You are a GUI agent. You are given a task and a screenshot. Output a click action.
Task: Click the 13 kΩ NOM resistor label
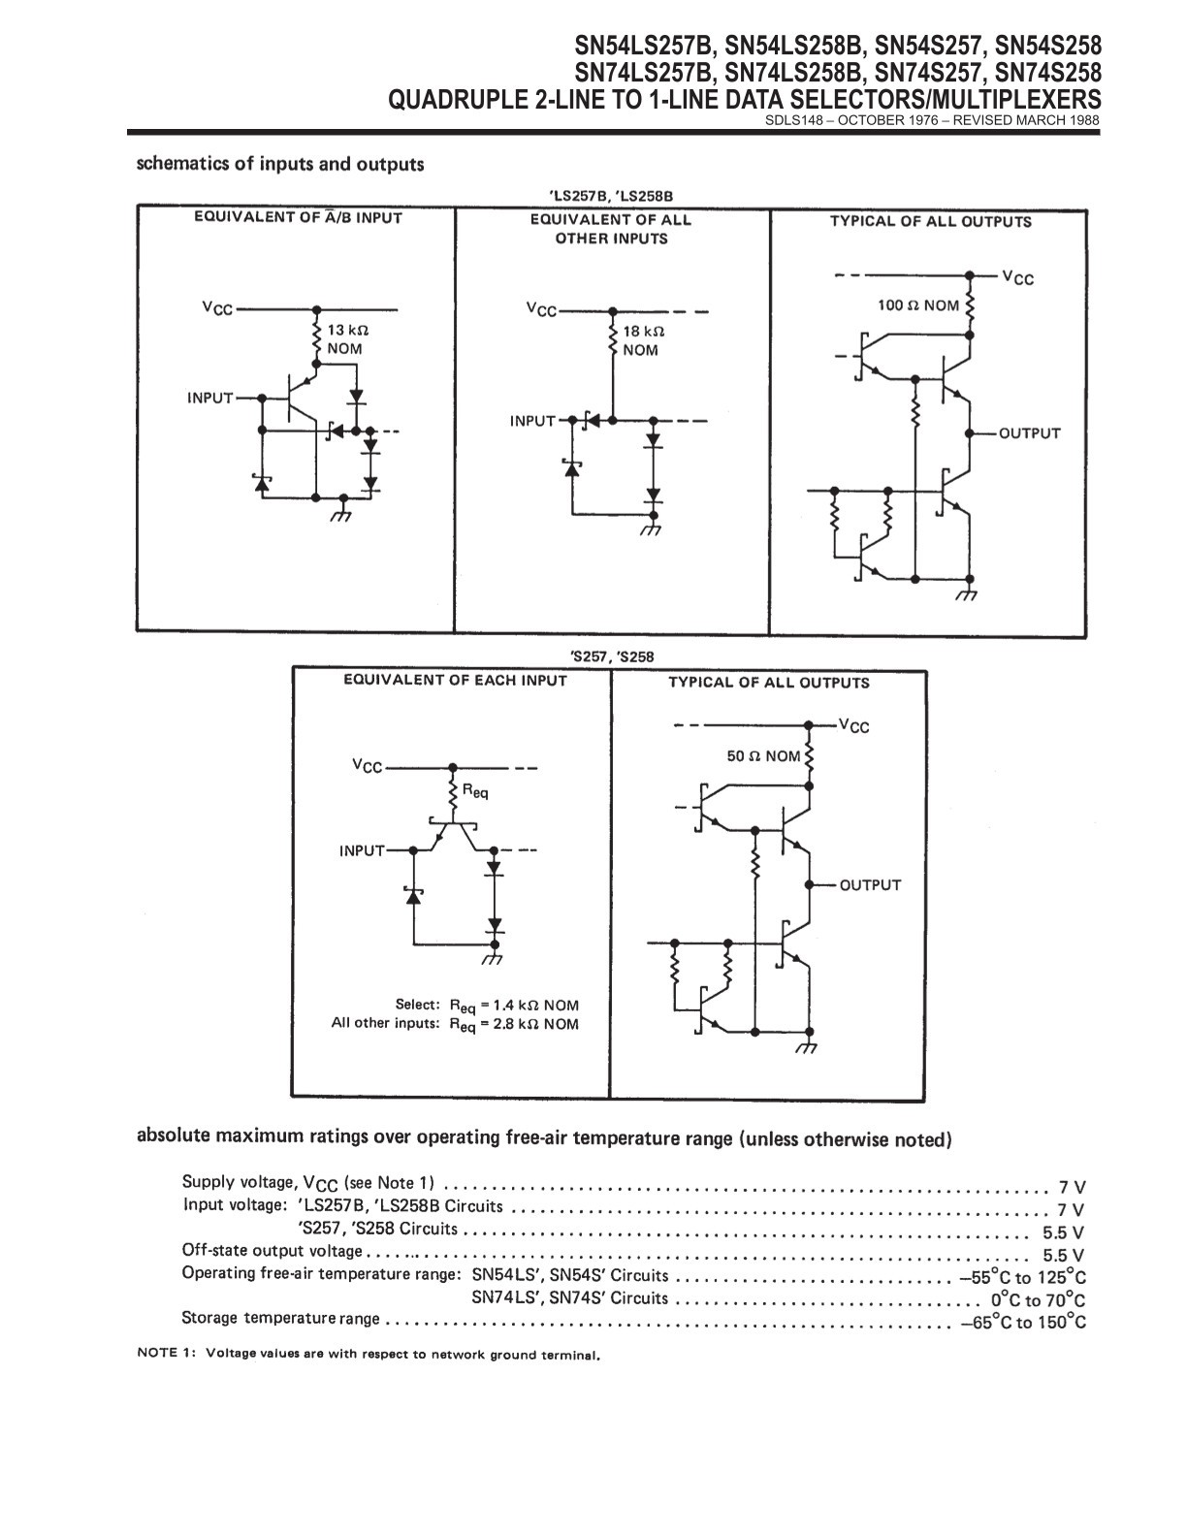click(x=348, y=339)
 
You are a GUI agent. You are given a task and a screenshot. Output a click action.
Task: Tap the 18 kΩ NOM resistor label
click(x=643, y=340)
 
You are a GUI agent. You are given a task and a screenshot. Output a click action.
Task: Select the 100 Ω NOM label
click(x=918, y=305)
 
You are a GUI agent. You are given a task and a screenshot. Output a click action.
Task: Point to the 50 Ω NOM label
click(x=763, y=755)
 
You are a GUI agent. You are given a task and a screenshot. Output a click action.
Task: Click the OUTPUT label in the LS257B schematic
click(x=1029, y=433)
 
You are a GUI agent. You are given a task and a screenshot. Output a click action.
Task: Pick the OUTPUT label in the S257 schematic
click(x=870, y=885)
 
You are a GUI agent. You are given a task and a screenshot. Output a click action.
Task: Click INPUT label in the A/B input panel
click(x=210, y=398)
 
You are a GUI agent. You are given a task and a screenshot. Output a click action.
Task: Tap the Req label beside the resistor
click(x=475, y=791)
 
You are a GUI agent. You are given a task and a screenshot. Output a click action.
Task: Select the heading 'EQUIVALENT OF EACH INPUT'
click(x=455, y=680)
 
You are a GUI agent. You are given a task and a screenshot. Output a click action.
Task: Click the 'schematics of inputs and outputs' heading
click(x=280, y=164)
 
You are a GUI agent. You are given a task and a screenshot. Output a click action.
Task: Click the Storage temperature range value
click(x=1023, y=1323)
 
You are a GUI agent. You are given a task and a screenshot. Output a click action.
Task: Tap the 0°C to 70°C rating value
click(x=1038, y=1300)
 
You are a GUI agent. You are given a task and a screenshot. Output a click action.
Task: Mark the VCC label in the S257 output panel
click(x=854, y=726)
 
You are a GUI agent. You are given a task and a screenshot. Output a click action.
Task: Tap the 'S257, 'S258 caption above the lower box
click(x=612, y=656)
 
